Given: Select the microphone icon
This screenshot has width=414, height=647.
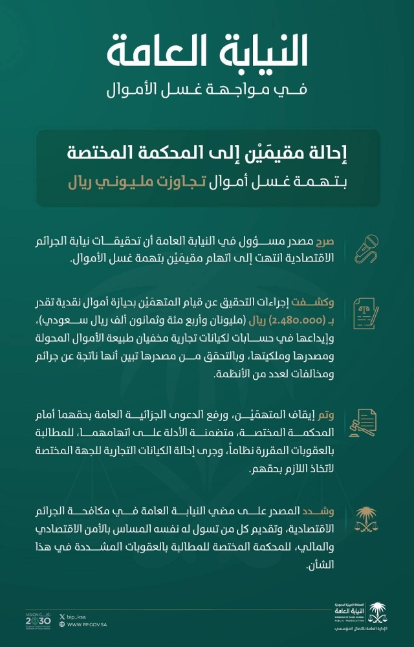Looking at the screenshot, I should point(366,248).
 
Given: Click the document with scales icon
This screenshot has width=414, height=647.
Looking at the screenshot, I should point(366,313).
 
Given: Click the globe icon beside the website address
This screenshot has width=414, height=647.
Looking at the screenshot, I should point(61,625).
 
